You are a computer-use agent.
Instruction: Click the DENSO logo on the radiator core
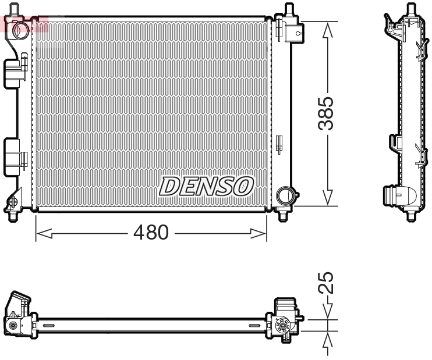206,186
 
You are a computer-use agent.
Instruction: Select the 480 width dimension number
150,233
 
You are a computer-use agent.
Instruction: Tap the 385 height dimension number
328,113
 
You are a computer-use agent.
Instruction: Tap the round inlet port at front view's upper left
21,28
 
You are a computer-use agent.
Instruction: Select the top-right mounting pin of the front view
288,10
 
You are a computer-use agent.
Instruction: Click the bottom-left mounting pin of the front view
12,216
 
